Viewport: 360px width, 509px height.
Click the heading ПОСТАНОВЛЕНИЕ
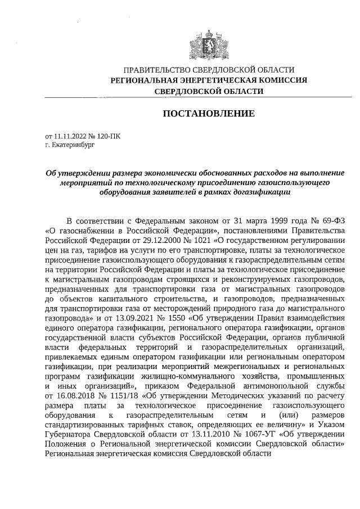tap(209, 114)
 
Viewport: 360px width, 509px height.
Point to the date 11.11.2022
tap(68, 136)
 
